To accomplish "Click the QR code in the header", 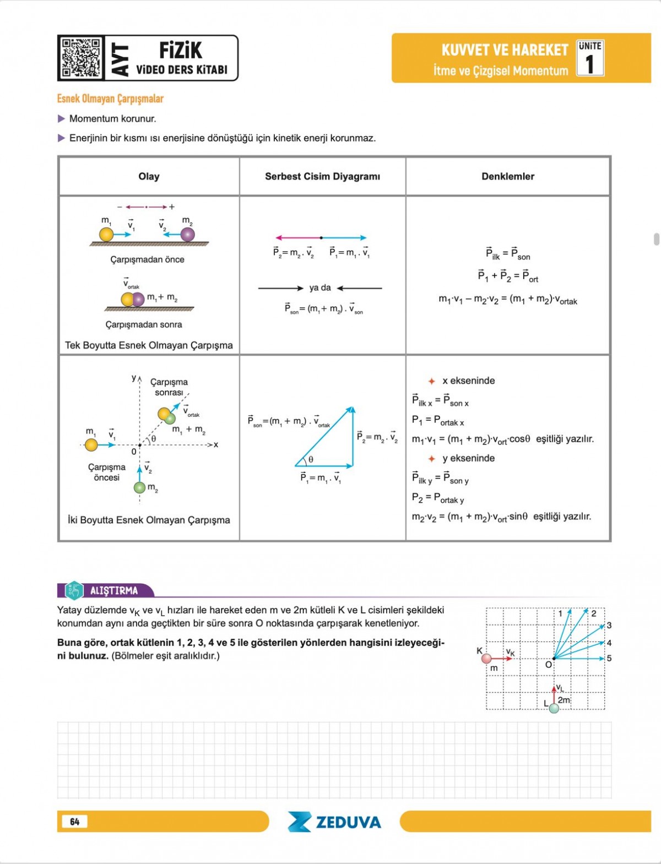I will [81, 58].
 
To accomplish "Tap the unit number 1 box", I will [590, 58].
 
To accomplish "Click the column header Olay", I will [149, 176].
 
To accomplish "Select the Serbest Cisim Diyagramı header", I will [322, 176].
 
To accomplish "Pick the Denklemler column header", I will [507, 176].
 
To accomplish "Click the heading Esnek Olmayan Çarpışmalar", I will [110, 99].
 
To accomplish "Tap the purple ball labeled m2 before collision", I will [188, 235].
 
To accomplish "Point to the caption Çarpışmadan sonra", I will [144, 324].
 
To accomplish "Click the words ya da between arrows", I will [320, 287].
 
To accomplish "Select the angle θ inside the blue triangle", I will [311, 459].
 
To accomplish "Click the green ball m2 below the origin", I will [140, 487].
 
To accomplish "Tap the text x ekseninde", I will [468, 381].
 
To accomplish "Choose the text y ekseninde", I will [468, 458].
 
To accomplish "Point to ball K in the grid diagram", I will [486, 659].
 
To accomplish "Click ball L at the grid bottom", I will [554, 708].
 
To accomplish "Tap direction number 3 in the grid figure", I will [609, 626].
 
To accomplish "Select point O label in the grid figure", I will [548, 665].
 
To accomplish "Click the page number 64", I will [75, 822].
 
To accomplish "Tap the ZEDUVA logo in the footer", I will [334, 822].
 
